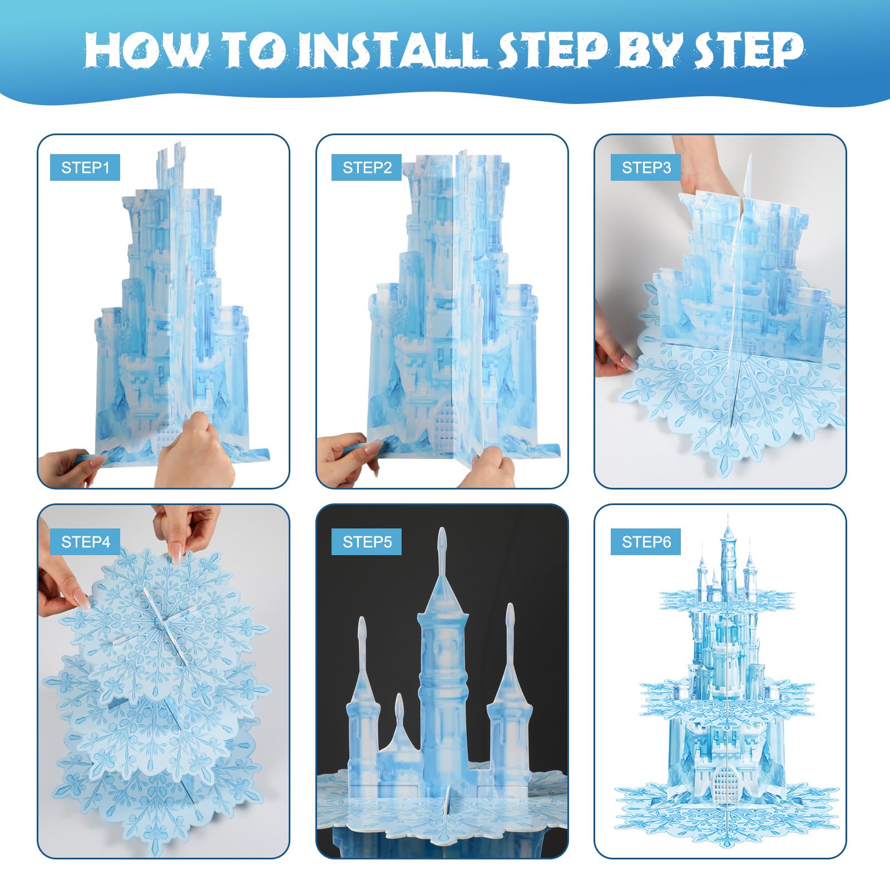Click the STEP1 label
point(85,167)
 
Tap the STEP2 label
point(367,167)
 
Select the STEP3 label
point(646,167)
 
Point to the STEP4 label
point(85,542)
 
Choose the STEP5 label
point(367,542)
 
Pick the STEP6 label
point(646,542)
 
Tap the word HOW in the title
point(146,51)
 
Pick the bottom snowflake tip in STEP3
point(723,473)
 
